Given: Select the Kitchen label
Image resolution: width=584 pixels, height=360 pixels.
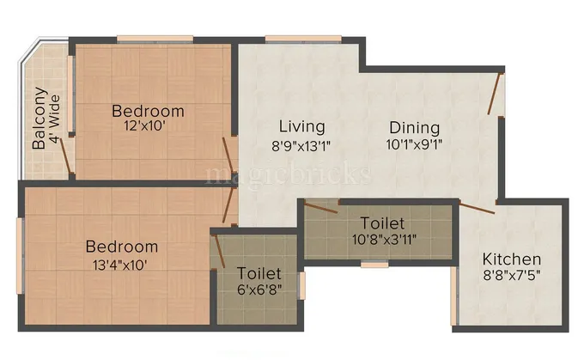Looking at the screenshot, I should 511,259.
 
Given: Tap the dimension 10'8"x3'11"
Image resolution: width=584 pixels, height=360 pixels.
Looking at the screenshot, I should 378,240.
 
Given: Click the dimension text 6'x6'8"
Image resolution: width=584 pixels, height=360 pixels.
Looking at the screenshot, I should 259,289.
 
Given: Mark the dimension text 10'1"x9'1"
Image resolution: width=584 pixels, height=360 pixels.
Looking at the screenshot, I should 413,144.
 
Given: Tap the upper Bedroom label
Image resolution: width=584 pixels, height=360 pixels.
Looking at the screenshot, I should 148,111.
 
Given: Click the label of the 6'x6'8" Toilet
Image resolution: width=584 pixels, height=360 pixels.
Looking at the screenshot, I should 259,273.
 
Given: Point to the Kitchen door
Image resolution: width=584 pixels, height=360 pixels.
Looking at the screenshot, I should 476,207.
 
